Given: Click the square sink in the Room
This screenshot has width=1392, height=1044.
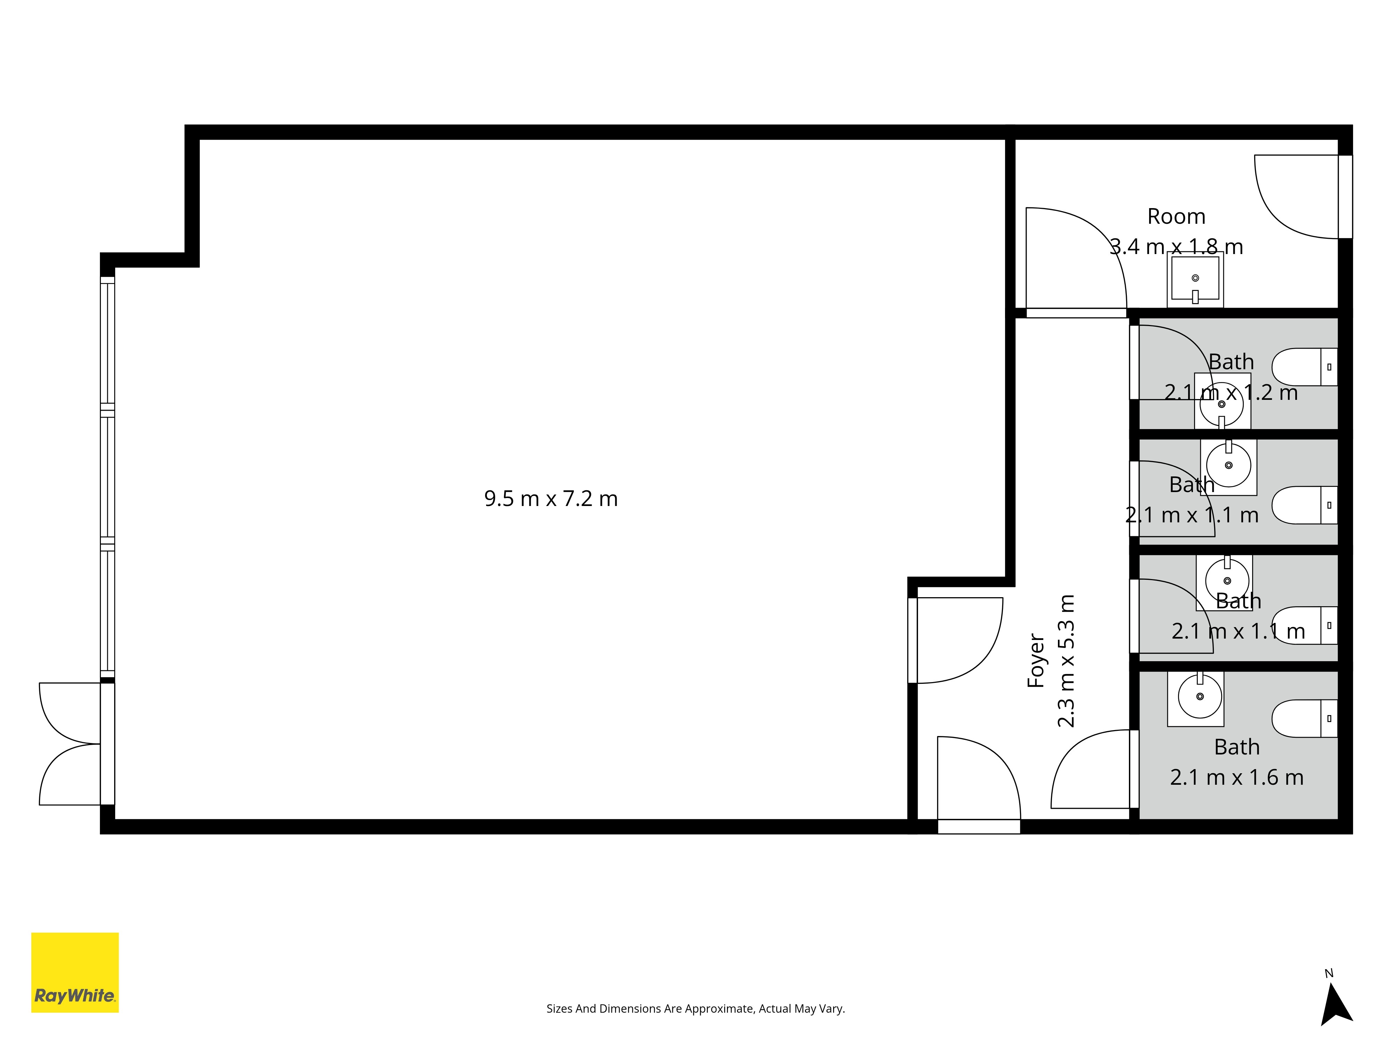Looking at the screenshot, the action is [x=1195, y=279].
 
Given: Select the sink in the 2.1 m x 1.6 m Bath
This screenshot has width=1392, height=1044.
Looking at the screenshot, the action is [x=1196, y=698].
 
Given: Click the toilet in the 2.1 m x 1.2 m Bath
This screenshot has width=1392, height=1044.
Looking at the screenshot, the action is [x=1305, y=367].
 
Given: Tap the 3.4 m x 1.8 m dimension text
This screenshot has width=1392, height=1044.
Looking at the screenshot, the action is [x=1176, y=247].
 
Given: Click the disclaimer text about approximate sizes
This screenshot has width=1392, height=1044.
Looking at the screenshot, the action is [x=695, y=1009].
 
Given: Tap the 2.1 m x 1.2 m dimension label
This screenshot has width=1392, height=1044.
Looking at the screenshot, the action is [x=1231, y=393].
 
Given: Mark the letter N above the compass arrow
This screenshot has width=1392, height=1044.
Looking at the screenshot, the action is [x=1329, y=973].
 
